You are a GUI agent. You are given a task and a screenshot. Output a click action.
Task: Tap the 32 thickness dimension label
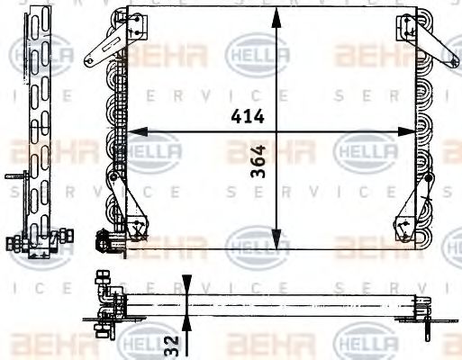pos(168,346)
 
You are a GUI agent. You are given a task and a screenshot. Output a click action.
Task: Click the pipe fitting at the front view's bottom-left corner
pos(105,240)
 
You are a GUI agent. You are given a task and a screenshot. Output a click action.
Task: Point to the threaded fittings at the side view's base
pos(36,241)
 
